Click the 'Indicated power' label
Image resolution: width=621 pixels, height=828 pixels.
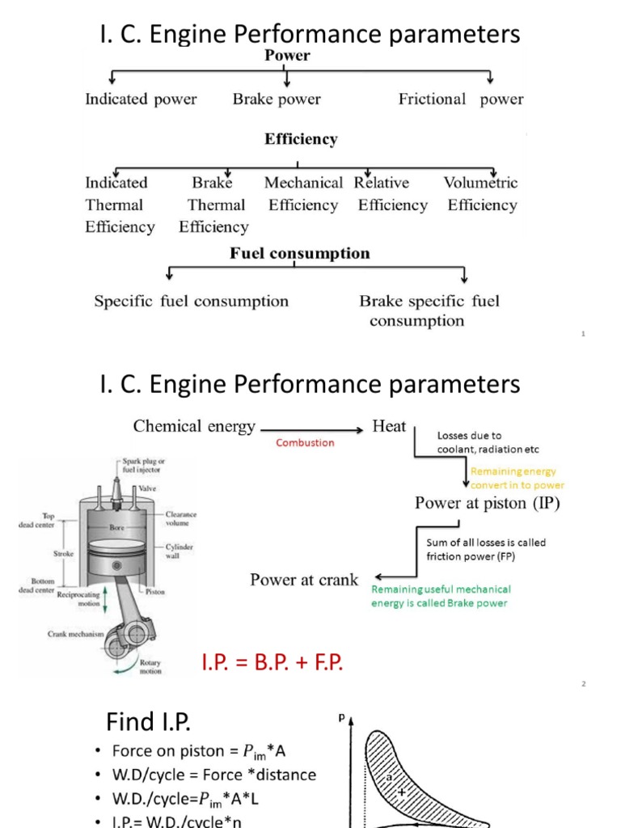[x=141, y=99]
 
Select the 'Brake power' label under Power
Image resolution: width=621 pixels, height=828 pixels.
[x=277, y=99]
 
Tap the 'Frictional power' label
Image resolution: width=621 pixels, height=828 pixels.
[x=461, y=99]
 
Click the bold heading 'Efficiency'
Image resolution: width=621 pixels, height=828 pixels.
[x=301, y=139]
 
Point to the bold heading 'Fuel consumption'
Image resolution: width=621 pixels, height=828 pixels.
[x=300, y=254]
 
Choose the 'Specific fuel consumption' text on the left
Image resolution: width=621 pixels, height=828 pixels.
[x=191, y=302]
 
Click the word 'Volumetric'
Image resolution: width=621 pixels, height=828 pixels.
[x=480, y=183]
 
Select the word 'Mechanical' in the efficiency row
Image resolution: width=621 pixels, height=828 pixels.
[x=303, y=183]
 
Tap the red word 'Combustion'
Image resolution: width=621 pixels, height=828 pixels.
[x=305, y=443]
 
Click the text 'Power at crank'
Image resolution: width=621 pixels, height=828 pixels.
[x=304, y=580]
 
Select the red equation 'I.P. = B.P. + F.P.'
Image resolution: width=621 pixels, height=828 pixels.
[x=272, y=663]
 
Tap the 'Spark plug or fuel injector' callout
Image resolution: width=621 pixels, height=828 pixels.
[x=143, y=465]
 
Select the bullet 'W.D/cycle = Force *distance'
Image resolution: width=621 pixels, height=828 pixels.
[x=213, y=775]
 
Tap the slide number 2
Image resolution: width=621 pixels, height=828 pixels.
[x=583, y=684]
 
